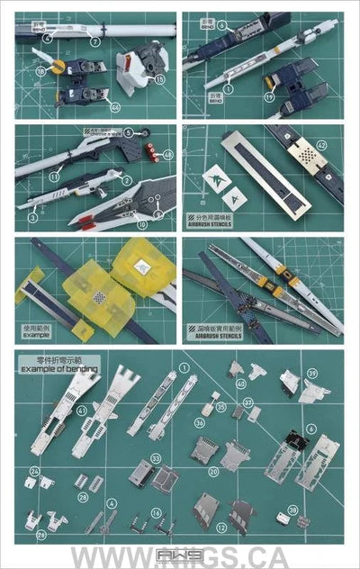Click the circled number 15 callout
(160, 79)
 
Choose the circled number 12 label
(197, 526)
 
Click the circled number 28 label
(83, 496)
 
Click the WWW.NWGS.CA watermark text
(180, 556)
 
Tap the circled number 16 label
(156, 512)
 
